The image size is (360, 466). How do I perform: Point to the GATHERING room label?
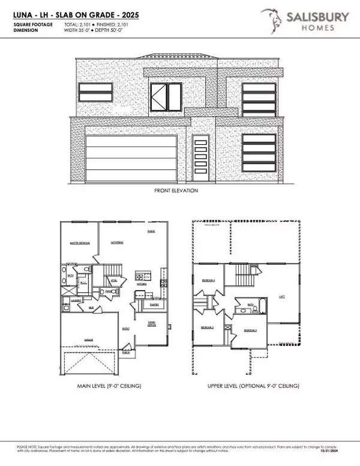click(117, 242)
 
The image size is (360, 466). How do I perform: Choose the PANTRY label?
click(154, 304)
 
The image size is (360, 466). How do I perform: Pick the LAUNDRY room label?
click(76, 300)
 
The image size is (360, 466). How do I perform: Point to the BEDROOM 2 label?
click(207, 327)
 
